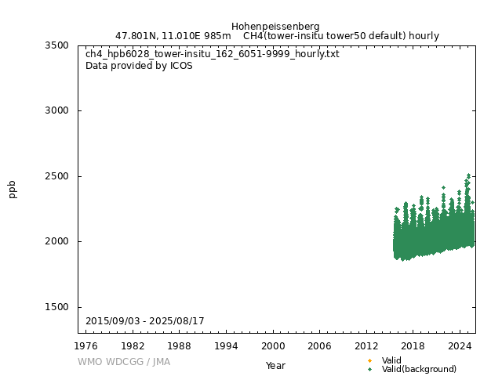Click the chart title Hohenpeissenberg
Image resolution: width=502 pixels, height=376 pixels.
click(x=275, y=26)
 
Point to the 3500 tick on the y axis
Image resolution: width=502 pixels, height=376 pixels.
click(x=56, y=45)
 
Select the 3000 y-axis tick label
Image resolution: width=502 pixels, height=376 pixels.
click(x=56, y=110)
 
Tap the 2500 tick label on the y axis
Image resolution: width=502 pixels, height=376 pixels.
click(x=56, y=176)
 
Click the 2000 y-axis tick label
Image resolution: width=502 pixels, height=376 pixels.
click(x=56, y=241)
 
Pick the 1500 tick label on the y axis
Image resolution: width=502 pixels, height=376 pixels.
click(x=56, y=307)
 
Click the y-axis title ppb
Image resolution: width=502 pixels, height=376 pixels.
click(x=13, y=190)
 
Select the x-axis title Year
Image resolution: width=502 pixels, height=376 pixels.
click(x=275, y=366)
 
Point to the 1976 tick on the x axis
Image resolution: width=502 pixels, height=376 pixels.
click(x=86, y=345)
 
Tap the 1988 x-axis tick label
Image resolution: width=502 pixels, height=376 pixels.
click(x=180, y=345)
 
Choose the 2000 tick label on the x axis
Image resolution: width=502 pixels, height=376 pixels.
click(x=273, y=345)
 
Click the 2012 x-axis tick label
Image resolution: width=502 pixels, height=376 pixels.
click(x=366, y=345)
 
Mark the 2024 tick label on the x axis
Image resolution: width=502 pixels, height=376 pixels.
click(x=460, y=345)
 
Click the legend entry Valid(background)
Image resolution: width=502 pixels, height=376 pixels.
click(x=419, y=369)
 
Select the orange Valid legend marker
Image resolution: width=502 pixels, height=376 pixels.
click(x=369, y=360)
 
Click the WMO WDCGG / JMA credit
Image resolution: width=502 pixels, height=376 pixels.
click(x=124, y=362)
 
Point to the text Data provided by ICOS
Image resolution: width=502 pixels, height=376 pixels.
click(x=139, y=66)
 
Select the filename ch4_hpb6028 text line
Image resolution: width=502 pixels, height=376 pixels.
click(x=212, y=55)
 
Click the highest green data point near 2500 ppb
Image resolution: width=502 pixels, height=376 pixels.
click(x=469, y=175)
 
